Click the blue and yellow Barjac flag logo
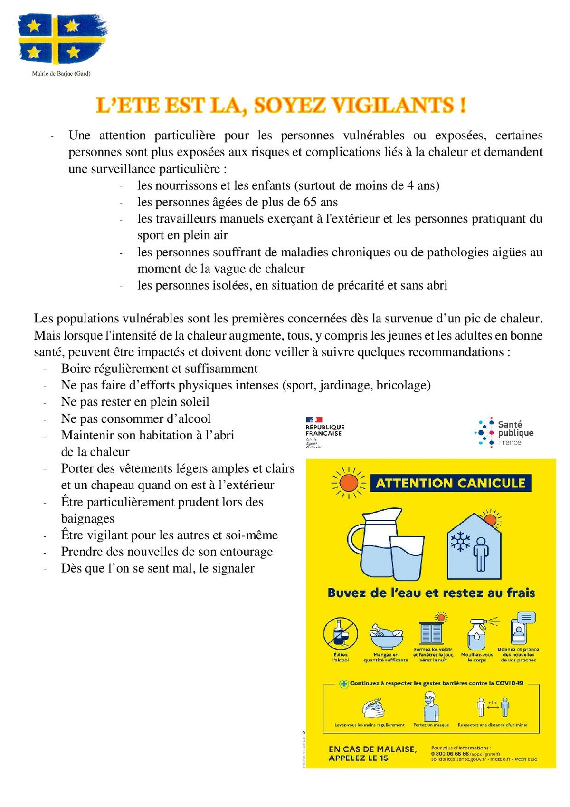tap(62, 39)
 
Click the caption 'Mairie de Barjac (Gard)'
tap(61, 74)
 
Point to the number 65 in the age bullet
tap(310, 202)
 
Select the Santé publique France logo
tap(504, 432)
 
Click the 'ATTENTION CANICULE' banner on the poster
tap(450, 483)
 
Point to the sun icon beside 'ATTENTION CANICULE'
tap(349, 484)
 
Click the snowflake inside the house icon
tap(460, 542)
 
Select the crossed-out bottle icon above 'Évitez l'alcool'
tap(341, 633)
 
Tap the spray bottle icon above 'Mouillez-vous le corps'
tap(477, 633)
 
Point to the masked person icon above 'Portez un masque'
tap(431, 706)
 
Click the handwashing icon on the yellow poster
tap(373, 708)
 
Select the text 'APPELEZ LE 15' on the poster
tap(358, 758)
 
